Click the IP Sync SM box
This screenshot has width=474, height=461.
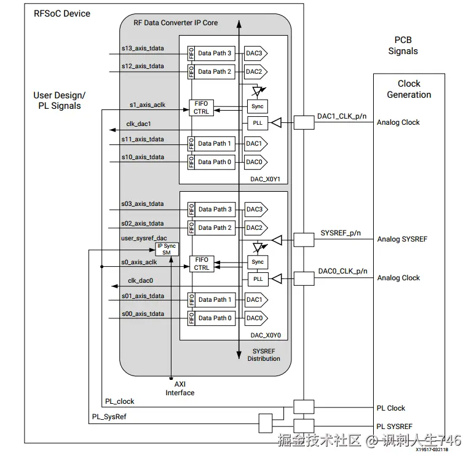click(167, 249)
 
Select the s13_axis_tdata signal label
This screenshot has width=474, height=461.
click(143, 48)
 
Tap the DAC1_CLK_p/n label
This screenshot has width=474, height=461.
click(342, 116)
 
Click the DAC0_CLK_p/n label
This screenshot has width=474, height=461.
click(342, 271)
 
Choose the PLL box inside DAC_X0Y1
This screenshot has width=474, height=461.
click(258, 124)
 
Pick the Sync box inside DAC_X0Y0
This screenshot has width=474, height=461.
click(258, 262)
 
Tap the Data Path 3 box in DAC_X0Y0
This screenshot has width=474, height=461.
click(215, 210)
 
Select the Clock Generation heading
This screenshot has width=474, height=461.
click(409, 89)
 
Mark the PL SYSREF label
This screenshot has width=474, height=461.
click(394, 427)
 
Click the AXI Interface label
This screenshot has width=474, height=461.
click(180, 388)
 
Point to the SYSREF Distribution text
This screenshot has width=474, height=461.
click(264, 355)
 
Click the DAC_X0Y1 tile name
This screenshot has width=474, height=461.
click(265, 179)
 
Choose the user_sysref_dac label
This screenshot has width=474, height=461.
click(144, 237)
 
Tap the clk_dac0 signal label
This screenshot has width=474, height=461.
click(140, 280)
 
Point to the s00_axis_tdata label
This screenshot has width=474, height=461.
click(143, 314)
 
